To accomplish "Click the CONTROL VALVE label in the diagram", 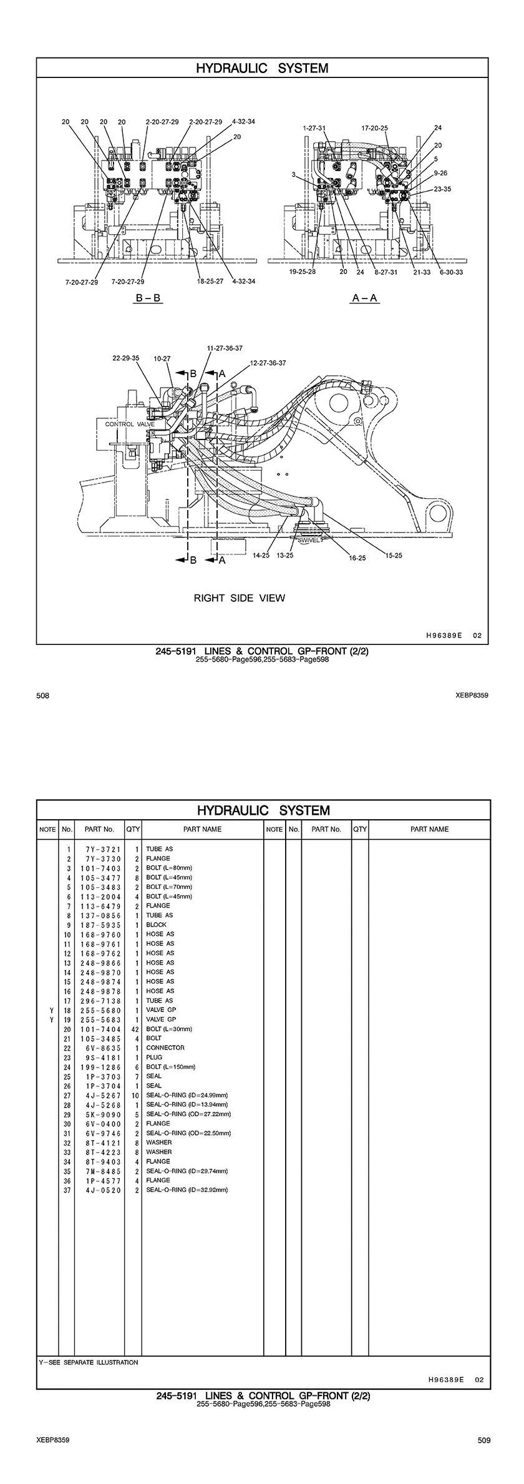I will pos(130,425).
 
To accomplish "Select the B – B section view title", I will pos(148,298).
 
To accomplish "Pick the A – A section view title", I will pos(365,298).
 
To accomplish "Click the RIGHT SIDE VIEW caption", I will pos(239,598).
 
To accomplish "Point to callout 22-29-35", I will pos(126,358).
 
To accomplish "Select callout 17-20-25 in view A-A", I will pos(374,128).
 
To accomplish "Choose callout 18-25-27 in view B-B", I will pos(210,282).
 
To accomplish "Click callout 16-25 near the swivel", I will pos(357,558).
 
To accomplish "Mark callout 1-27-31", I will pos(314,128).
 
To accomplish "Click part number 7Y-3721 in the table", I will pos(99,849).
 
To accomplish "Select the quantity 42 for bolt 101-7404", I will pos(134,1029).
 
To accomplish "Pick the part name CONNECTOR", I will pos(165,1048).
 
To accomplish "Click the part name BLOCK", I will pos(157,925).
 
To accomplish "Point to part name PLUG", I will pos(154,1057).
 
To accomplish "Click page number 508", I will pos(43,695).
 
